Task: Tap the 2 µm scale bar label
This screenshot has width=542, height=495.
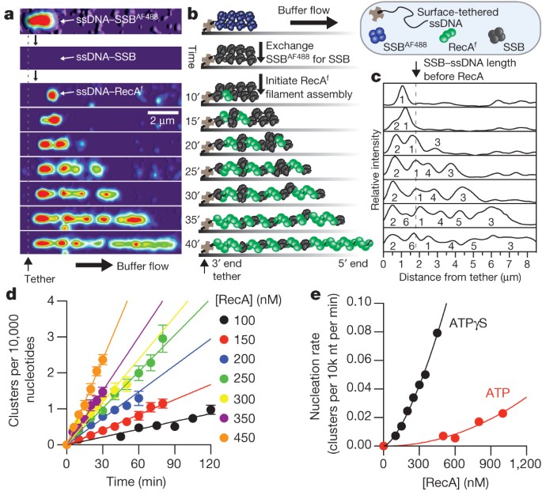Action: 164,119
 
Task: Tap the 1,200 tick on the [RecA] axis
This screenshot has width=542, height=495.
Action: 519,460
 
